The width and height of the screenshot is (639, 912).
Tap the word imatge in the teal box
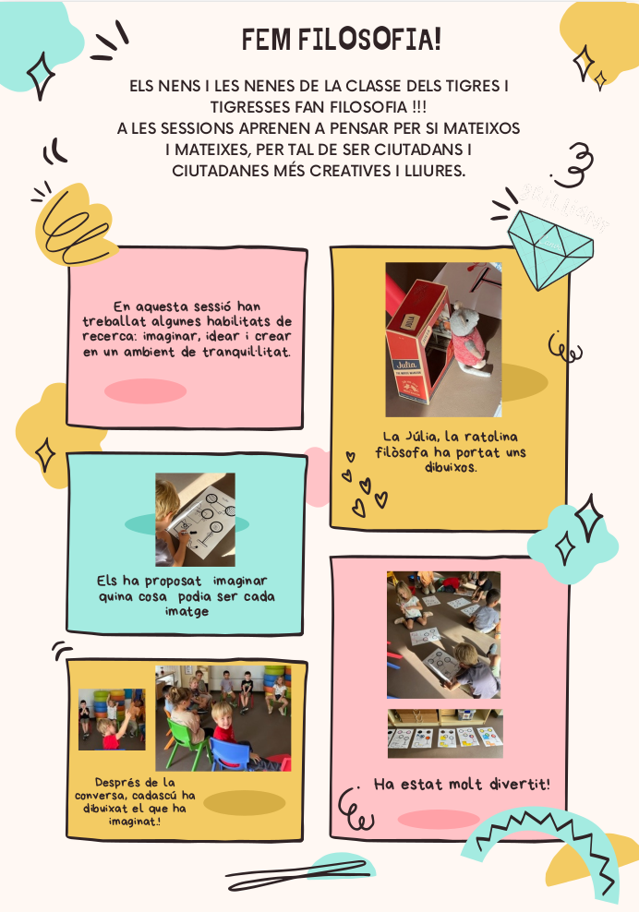(x=187, y=611)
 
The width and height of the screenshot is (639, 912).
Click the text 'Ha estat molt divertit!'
(x=462, y=784)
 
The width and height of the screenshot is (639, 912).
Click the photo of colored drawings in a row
(x=445, y=734)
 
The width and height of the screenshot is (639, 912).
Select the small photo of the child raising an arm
(x=112, y=719)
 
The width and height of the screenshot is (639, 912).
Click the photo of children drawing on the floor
(x=443, y=634)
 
